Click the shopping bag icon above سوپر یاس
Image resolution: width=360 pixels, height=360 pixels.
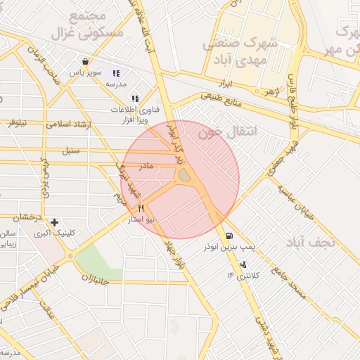tap(85, 61)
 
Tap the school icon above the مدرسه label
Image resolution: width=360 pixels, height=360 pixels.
tap(116, 72)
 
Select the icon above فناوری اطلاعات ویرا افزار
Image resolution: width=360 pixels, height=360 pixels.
tap(134, 98)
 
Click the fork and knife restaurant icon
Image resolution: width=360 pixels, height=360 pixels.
tap(141, 209)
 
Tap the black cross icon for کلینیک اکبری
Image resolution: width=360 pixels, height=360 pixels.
tap(54, 222)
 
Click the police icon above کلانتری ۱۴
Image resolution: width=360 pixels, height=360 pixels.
tap(243, 264)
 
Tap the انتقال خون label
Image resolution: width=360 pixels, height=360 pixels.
tap(229, 131)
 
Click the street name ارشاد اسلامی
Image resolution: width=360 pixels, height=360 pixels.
tap(70, 124)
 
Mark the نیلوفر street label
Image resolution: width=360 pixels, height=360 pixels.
tap(18, 124)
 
